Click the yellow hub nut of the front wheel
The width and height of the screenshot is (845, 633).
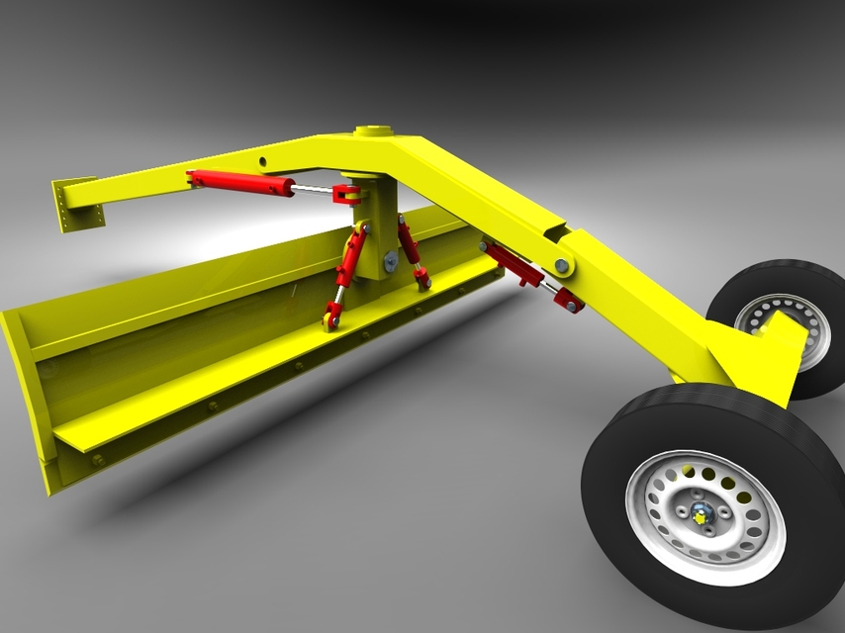point(702,514)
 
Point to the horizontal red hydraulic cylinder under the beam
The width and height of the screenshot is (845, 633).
point(242,182)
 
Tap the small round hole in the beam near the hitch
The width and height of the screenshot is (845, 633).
point(263,160)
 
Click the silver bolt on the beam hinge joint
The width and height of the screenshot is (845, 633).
point(562,265)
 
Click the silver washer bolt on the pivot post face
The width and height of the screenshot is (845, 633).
point(390,261)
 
